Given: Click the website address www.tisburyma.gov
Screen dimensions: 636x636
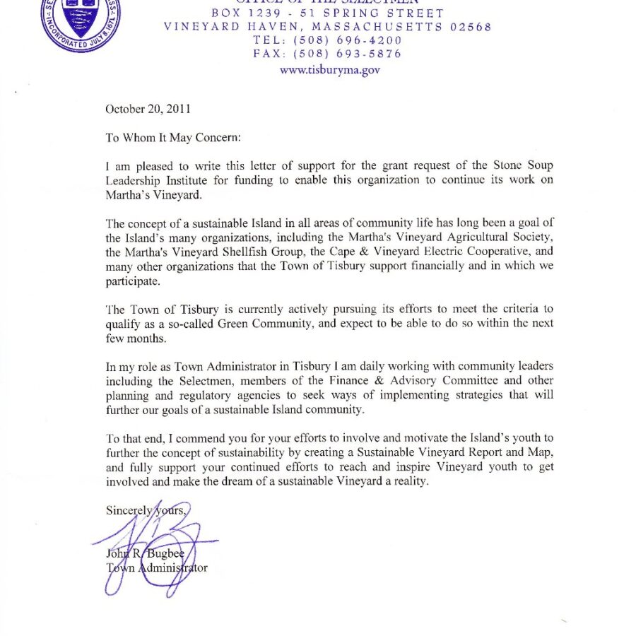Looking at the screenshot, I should click(330, 69).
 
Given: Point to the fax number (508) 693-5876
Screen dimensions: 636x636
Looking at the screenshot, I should click(352, 54).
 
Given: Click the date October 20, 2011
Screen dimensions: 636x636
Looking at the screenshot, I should click(148, 109).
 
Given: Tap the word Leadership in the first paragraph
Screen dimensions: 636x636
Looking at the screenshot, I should click(134, 180).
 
